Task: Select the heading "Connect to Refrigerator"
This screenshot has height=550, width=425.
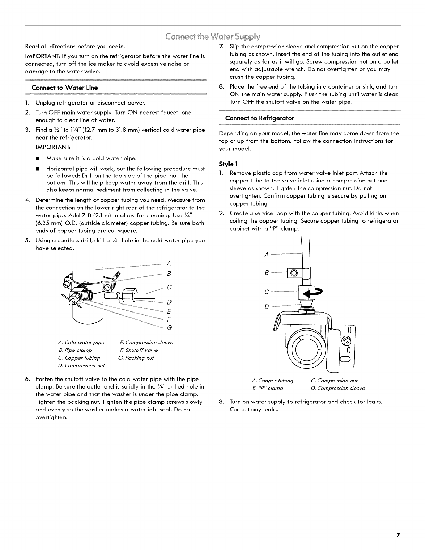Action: [x=259, y=118]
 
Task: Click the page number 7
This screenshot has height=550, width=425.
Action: [x=398, y=535]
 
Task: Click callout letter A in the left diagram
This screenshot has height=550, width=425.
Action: [x=169, y=263]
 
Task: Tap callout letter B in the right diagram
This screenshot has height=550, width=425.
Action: [x=266, y=273]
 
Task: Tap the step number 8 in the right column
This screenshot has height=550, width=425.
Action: [x=221, y=87]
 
